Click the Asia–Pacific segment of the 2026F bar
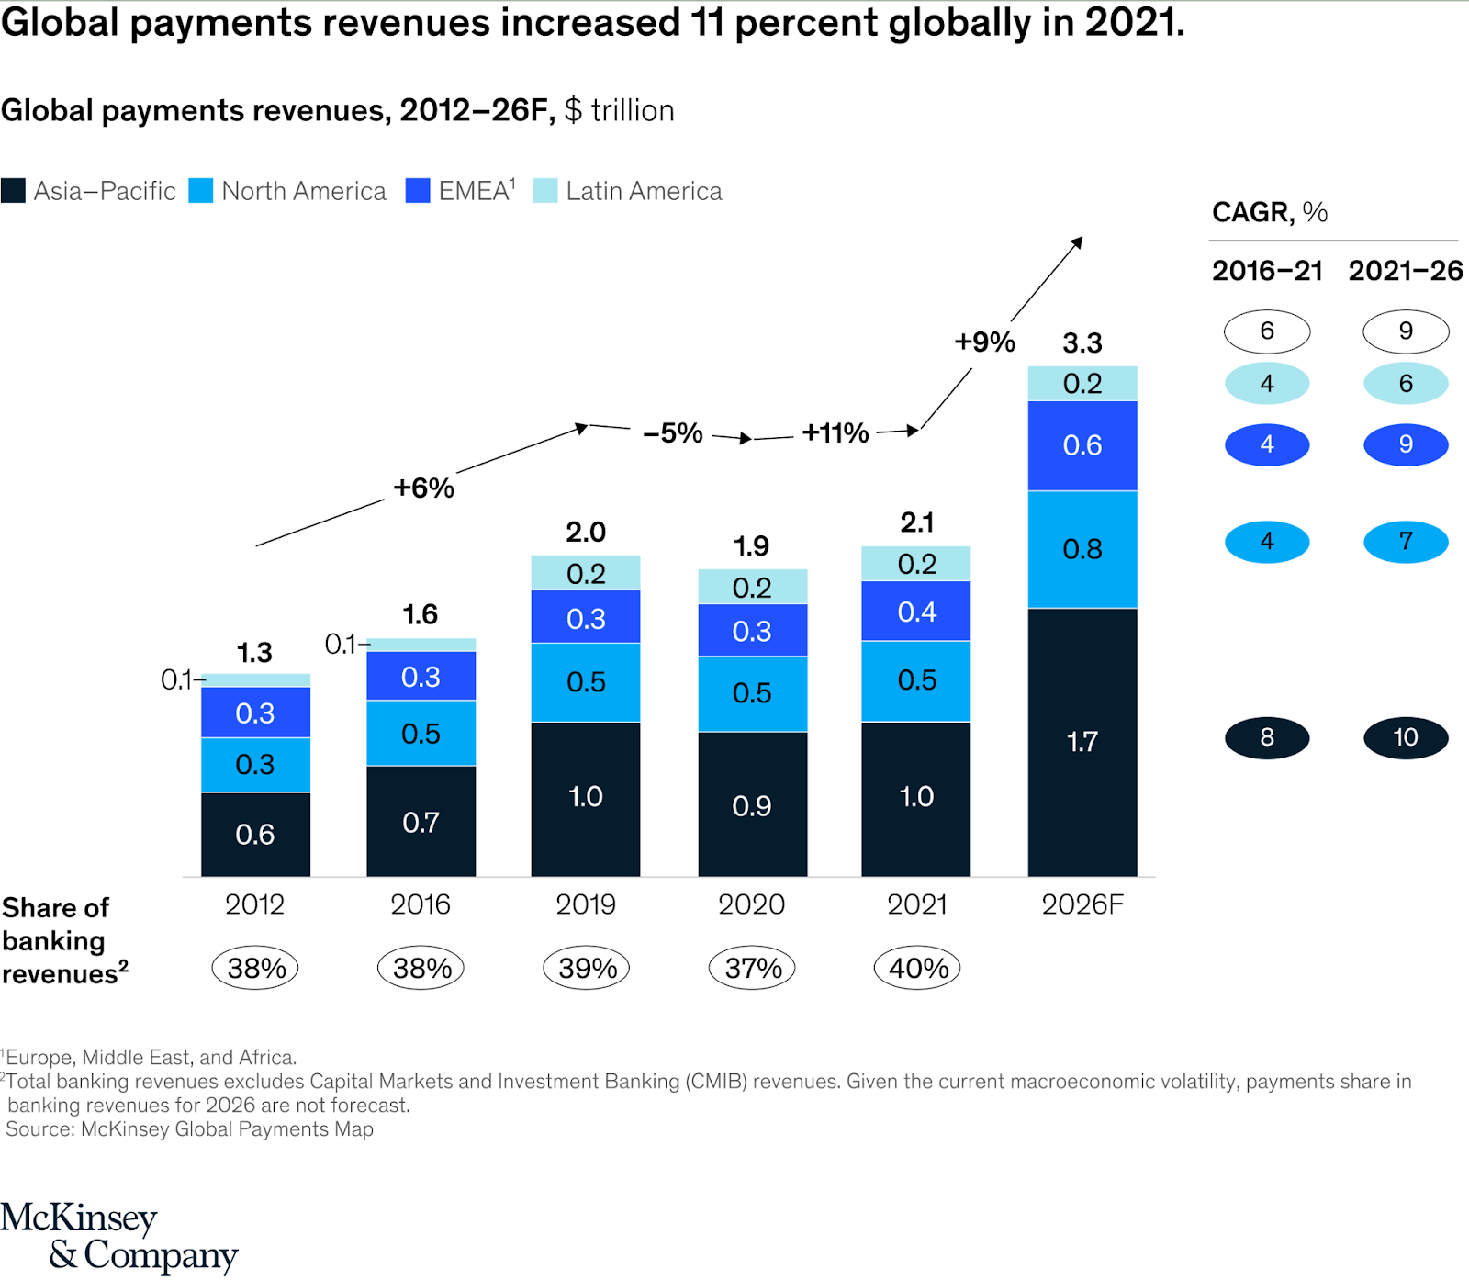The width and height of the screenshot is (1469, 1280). [x=1082, y=742]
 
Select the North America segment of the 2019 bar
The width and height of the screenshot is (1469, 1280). [x=586, y=682]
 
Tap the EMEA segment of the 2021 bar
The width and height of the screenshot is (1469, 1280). [x=916, y=612]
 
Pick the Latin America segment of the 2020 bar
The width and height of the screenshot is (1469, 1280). [x=752, y=587]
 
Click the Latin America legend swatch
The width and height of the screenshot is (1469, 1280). [x=545, y=191]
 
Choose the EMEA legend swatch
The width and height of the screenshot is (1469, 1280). [x=418, y=191]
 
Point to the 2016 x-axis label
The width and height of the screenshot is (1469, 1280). [x=421, y=905]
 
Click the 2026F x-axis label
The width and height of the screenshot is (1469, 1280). [x=1082, y=905]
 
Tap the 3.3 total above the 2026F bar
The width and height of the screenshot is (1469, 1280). [x=1082, y=343]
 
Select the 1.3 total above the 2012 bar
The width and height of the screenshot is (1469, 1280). [x=254, y=653]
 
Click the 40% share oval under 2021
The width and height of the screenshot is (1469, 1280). [x=917, y=968]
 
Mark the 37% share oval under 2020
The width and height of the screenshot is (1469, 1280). [x=752, y=968]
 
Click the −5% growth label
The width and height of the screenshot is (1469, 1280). [x=673, y=433]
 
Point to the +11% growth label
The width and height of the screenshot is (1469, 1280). [x=835, y=433]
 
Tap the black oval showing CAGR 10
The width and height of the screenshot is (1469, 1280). [x=1406, y=737]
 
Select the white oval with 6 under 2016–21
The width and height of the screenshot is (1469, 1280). [x=1267, y=331]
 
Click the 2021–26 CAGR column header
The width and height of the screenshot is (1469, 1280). [x=1405, y=271]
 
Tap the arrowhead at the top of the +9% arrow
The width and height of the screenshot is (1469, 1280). [x=1078, y=241]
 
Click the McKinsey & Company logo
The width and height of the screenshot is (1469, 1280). [x=119, y=1236]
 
